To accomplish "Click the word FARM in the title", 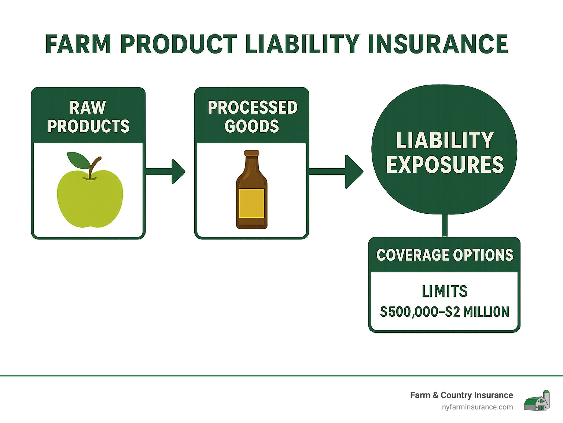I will tap(78, 44).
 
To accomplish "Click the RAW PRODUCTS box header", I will tap(88, 117).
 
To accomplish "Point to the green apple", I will tap(90, 198).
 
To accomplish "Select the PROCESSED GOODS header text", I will tap(252, 117).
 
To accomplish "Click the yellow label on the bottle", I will tap(251, 203).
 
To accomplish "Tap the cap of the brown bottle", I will tap(251, 153).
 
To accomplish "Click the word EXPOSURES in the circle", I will tap(445, 165).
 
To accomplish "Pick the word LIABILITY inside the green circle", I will tap(445, 140).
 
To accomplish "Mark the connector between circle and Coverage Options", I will tap(445, 225).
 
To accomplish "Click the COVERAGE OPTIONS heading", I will tap(445, 255).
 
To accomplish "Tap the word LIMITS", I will tap(445, 291).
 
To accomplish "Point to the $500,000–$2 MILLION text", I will tap(445, 312).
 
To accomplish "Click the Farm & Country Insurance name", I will tap(461, 395).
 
